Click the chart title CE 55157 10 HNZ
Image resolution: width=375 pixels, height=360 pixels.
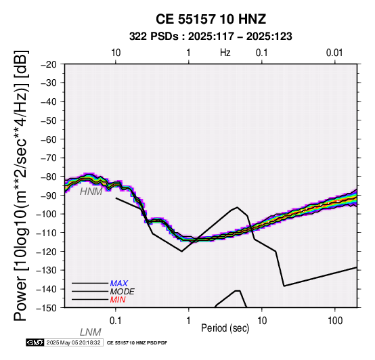coord(211,19)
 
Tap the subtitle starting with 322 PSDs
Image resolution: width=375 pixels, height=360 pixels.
coord(211,37)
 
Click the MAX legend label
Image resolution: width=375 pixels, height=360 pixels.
coord(119,284)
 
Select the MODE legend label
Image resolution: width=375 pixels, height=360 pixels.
coord(123,292)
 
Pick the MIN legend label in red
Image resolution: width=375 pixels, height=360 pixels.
coord(118,300)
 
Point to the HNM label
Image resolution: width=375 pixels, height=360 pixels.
coord(91,192)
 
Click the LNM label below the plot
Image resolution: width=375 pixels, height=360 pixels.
coord(91,332)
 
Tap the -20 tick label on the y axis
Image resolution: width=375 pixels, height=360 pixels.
coord(49,64)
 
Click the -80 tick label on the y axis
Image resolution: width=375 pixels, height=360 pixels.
coord(49,177)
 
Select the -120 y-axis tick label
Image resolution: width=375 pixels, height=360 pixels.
coord(47,252)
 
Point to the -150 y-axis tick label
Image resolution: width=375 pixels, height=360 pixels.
coord(47,308)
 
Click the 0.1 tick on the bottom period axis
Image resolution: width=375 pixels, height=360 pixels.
coord(116,321)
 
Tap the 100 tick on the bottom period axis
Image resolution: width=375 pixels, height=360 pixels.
coord(335,321)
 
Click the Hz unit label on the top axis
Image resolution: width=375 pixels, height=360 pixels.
coord(225,53)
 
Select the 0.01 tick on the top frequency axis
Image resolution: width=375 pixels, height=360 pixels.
coord(334,53)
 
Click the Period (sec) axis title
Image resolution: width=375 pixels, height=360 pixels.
coord(225,328)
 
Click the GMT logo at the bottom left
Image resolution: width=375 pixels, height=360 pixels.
coord(35,342)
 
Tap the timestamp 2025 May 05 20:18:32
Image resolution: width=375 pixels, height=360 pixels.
coord(74,342)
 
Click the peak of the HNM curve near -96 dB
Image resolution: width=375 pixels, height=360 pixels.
coord(237,207)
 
